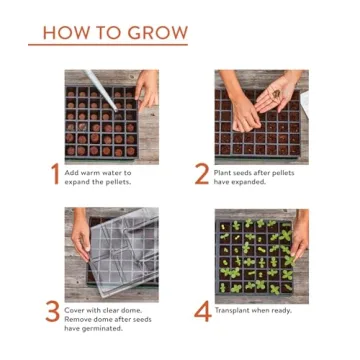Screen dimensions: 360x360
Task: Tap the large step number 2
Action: [201, 175]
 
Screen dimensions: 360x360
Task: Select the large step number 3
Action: [53, 312]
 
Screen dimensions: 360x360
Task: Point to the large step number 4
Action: [202, 312]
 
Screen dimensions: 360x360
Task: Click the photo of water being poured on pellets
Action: [111, 116]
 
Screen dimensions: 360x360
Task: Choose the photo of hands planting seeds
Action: [262, 116]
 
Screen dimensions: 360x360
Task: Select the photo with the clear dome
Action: [111, 255]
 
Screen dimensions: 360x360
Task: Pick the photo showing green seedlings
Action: [262, 255]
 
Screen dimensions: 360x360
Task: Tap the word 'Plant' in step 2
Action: [225, 172]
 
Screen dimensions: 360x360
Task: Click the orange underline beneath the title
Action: [108, 45]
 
